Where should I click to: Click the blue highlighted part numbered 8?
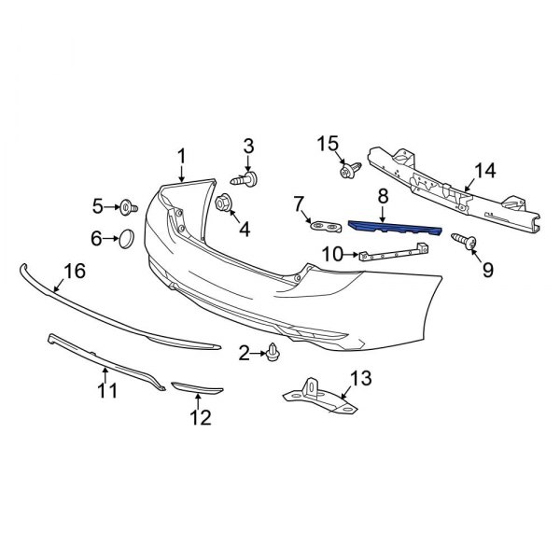(393, 228)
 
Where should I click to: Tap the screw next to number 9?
(464, 241)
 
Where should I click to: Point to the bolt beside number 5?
(128, 205)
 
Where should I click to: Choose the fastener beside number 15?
(350, 171)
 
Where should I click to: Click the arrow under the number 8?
(383, 214)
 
